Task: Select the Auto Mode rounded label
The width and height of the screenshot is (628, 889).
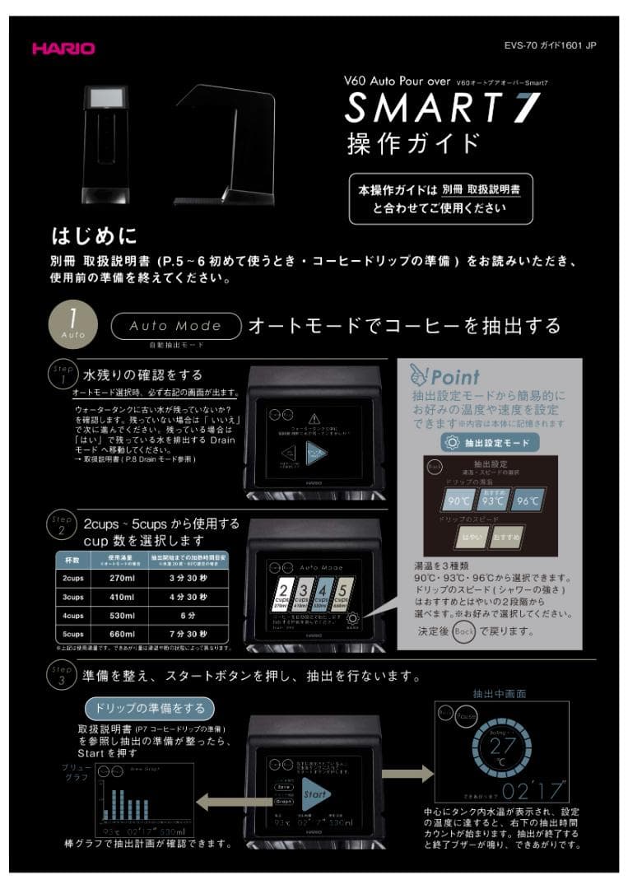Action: tap(175, 326)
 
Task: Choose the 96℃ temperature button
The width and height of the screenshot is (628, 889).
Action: tap(528, 500)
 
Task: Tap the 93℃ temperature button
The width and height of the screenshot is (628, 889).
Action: tap(492, 500)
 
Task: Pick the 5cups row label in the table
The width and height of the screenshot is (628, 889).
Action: tap(73, 634)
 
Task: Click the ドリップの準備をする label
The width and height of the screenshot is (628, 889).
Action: tap(149, 708)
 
